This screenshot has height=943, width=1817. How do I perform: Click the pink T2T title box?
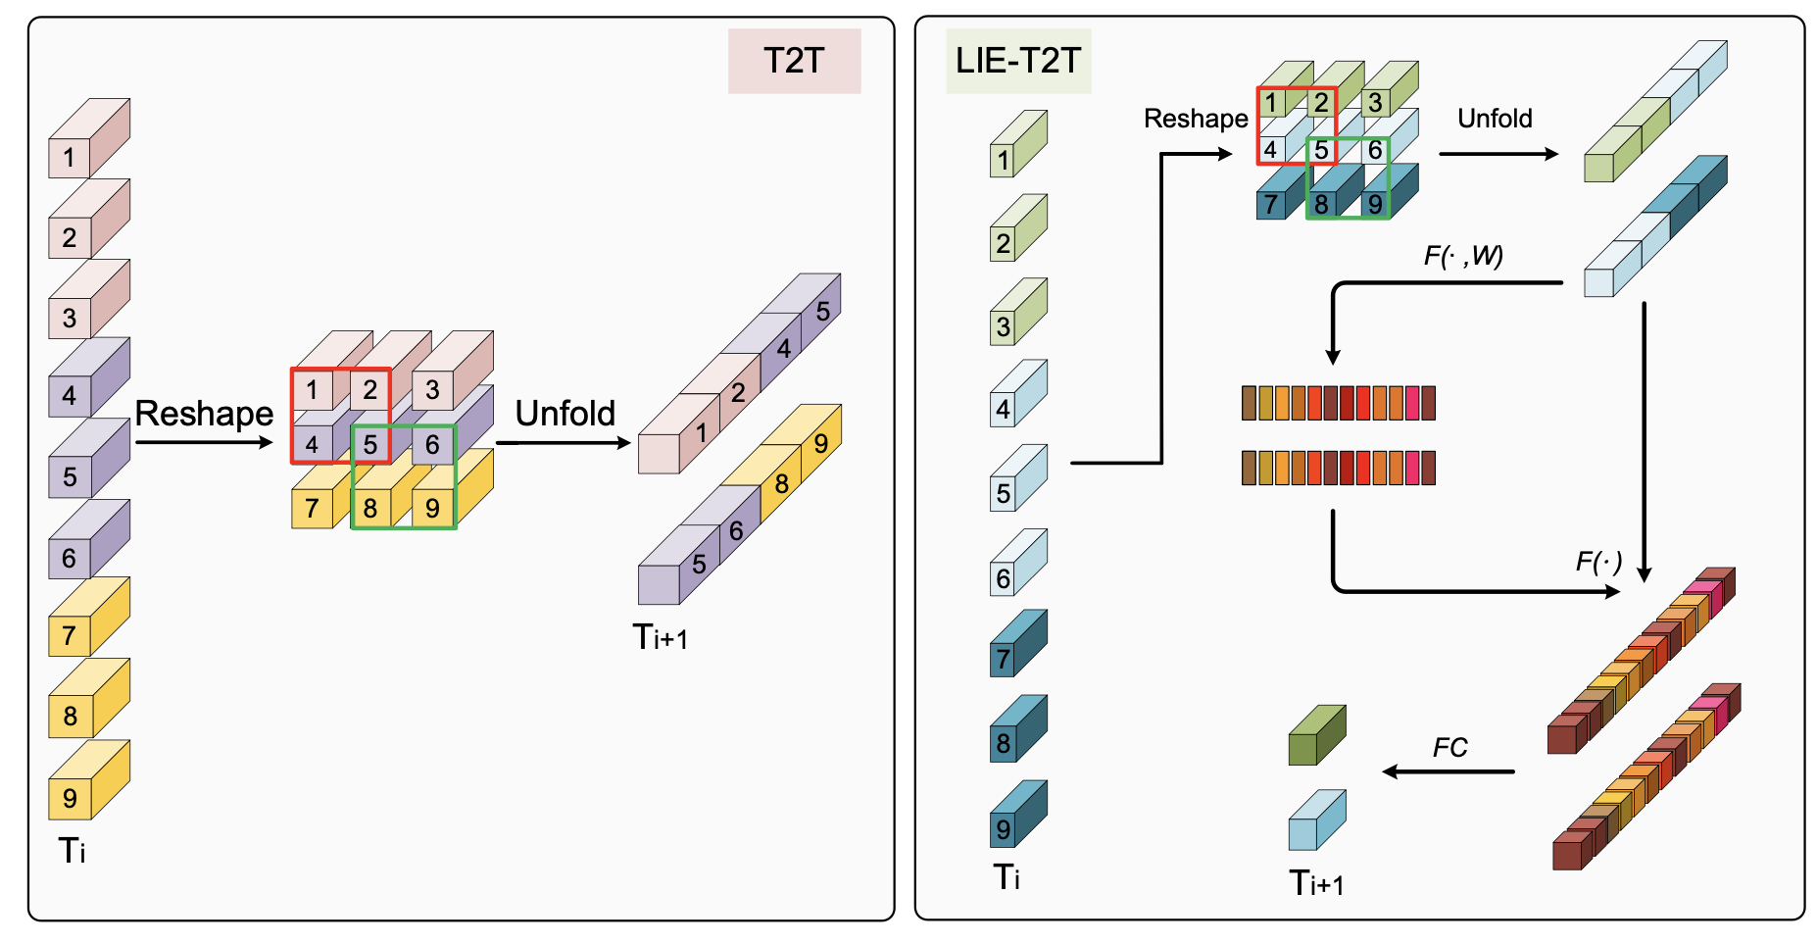(x=794, y=61)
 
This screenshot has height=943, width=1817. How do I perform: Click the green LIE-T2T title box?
(x=1018, y=61)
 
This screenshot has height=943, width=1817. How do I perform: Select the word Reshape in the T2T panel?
(x=204, y=415)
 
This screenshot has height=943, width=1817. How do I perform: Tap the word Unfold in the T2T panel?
(x=565, y=414)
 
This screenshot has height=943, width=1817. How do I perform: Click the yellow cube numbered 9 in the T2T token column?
(x=88, y=780)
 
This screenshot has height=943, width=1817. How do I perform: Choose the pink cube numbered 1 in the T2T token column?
(x=88, y=138)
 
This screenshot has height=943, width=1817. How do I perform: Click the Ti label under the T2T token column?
(x=72, y=850)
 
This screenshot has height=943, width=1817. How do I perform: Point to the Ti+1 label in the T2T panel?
(x=660, y=637)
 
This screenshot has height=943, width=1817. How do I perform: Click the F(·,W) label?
(x=1463, y=256)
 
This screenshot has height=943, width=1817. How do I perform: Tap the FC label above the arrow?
(x=1450, y=748)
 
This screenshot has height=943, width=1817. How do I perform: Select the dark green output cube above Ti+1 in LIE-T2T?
(x=1317, y=735)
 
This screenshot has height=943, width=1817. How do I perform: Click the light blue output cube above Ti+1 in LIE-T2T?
(x=1317, y=820)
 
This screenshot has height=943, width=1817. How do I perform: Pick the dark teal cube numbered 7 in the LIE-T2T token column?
(x=1018, y=643)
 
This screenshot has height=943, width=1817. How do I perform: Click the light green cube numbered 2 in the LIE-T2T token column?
(x=1018, y=227)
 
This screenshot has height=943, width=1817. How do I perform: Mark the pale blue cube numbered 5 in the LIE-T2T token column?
(x=1018, y=478)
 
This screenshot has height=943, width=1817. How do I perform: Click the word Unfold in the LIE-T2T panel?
(x=1495, y=119)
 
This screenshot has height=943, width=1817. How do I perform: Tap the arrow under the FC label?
(x=1449, y=771)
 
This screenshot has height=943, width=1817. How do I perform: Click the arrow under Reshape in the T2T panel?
(x=204, y=442)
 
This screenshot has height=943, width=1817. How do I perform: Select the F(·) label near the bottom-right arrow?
(x=1598, y=562)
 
